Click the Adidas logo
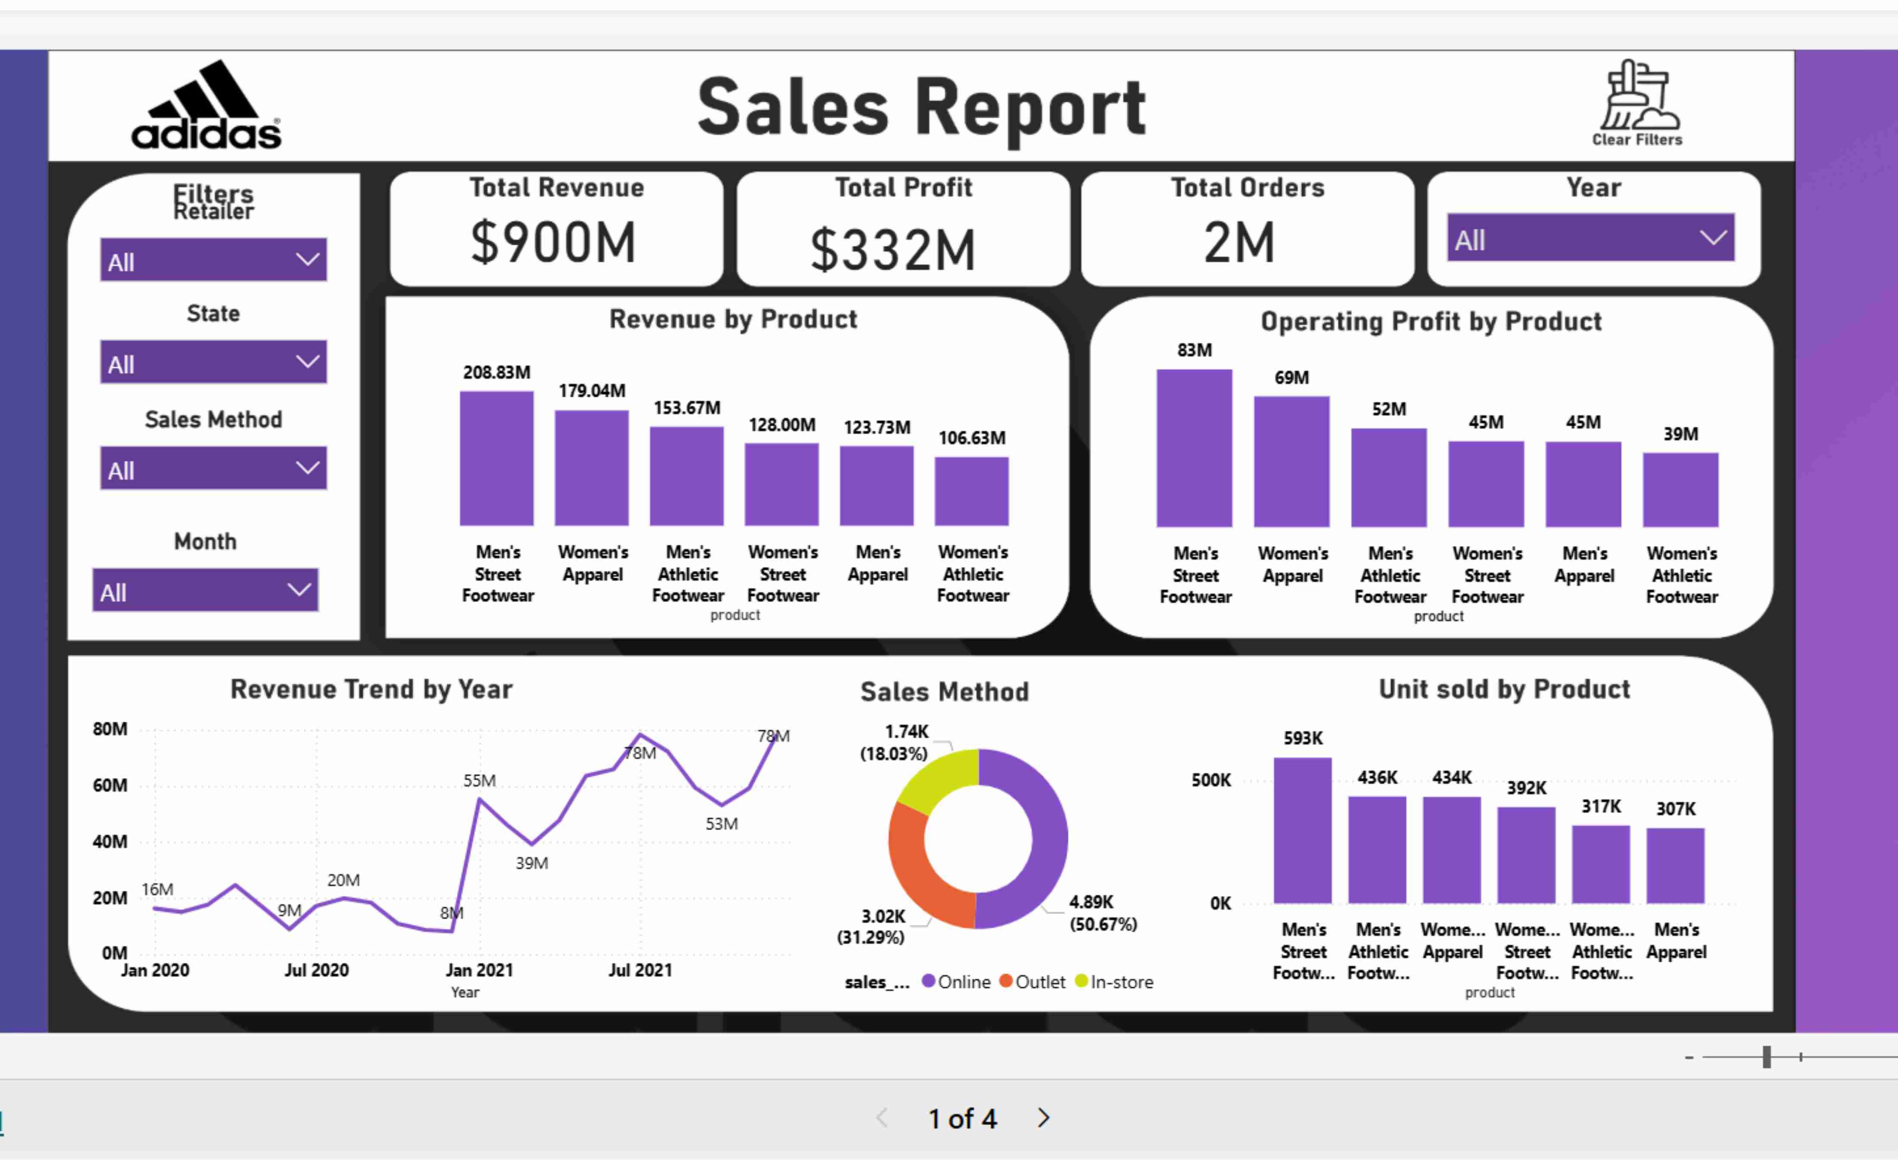point(206,105)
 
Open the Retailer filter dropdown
point(214,261)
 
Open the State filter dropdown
point(214,362)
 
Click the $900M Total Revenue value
point(554,242)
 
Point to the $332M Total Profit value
point(893,249)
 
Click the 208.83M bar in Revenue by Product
point(497,458)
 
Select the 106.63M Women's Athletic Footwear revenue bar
point(971,491)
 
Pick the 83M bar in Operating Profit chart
point(1194,448)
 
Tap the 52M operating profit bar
point(1389,478)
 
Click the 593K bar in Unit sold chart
point(1303,830)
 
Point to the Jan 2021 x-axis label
point(479,971)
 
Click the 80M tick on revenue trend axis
point(110,729)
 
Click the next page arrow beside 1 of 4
point(1044,1118)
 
